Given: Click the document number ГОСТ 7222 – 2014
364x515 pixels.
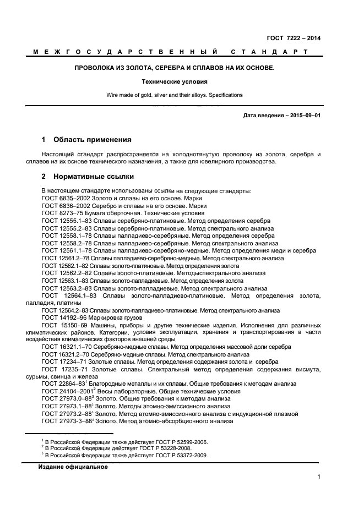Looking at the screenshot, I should point(294,38).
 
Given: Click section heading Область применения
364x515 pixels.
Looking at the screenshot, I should point(92,139).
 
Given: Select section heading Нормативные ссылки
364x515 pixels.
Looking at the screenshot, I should point(93,177).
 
